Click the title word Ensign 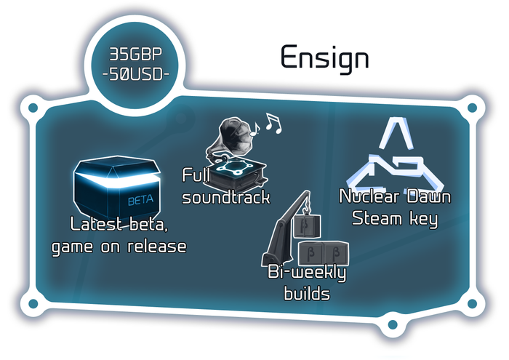click(324, 59)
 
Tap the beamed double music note click(273, 124)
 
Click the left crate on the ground click(310, 253)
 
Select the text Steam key click(395, 218)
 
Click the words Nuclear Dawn click(395, 197)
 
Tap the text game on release click(119, 246)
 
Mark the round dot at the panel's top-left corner click(33, 110)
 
